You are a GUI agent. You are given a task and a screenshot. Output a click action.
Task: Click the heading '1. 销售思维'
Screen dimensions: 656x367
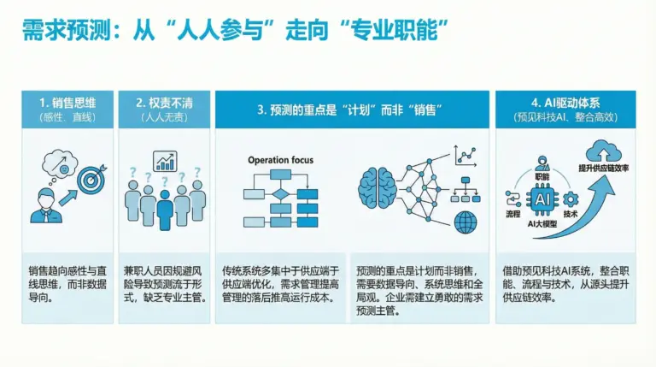(67, 103)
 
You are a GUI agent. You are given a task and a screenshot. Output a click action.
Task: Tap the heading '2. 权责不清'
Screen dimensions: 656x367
(164, 103)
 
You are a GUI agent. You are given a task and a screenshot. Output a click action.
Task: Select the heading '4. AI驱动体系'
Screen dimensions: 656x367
(565, 103)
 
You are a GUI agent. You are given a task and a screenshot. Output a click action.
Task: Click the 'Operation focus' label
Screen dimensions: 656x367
(280, 160)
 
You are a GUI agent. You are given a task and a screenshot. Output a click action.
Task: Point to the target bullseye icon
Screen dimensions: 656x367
(91, 180)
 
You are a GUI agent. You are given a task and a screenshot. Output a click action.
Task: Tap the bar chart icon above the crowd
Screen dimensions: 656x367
(165, 162)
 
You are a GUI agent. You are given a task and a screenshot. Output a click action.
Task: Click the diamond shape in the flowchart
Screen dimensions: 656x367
(280, 194)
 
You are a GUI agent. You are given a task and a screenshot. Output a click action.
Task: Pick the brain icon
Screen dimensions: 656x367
(378, 188)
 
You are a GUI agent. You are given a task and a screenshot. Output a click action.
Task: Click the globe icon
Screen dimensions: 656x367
(466, 222)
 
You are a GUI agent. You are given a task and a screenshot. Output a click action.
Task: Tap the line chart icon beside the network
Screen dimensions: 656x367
(466, 156)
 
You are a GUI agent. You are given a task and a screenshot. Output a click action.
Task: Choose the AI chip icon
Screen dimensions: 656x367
(542, 199)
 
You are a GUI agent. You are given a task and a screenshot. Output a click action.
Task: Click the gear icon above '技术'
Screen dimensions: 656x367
(571, 199)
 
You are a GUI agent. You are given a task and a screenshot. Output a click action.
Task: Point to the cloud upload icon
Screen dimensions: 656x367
(603, 151)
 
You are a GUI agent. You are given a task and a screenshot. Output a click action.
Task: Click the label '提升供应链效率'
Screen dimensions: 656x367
(603, 168)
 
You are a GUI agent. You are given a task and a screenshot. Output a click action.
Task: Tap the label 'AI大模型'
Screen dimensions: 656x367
(542, 224)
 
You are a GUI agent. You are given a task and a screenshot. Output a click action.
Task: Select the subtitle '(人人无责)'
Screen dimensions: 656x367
(164, 117)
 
